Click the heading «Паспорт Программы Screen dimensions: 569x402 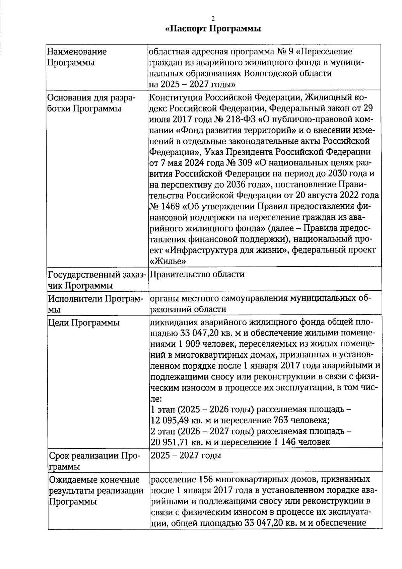pos(213,29)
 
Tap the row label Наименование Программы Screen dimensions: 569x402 pos(77,57)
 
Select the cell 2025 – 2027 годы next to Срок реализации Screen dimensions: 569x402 pos(186,455)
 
